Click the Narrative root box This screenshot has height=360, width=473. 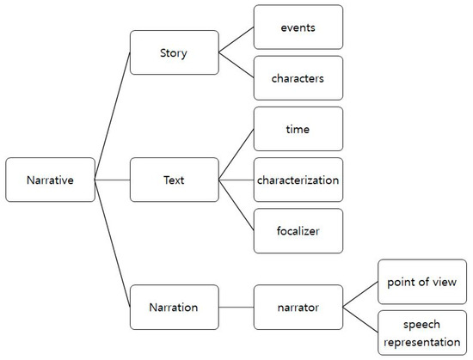(50, 180)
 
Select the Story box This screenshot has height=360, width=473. (174, 53)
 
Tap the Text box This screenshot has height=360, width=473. (174, 180)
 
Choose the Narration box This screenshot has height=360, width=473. (174, 308)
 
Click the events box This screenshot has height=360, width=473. (298, 27)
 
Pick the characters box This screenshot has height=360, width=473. (298, 78)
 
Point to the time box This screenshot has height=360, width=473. (298, 130)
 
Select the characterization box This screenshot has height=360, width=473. (298, 180)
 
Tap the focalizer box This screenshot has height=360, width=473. (298, 231)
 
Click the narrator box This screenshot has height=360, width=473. (298, 308)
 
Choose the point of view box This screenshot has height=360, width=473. (422, 282)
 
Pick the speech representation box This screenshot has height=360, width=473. (422, 333)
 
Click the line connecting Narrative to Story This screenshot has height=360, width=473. (112, 117)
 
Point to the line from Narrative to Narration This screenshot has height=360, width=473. (112, 244)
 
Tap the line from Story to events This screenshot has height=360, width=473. (236, 40)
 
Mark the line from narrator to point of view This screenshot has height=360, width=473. (360, 295)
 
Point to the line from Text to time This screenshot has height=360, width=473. (236, 155)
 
